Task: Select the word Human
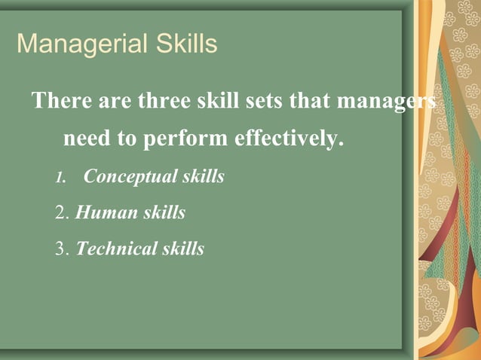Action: pos(103,212)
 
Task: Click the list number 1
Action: pos(60,178)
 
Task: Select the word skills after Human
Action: pos(161,212)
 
